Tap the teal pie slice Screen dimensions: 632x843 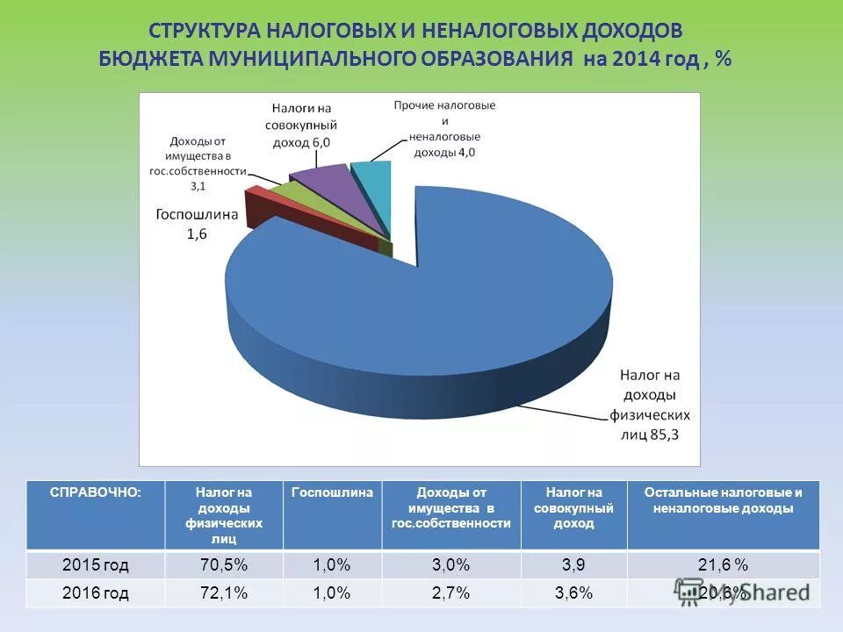pos(373,184)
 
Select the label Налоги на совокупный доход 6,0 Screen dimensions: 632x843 pos(300,126)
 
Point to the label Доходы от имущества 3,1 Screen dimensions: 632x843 pos(198,162)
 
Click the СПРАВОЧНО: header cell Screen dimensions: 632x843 pos(83,492)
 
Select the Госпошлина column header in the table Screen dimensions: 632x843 pos(332,492)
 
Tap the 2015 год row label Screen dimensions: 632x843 pos(96,564)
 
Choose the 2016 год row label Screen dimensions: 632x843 pos(96,593)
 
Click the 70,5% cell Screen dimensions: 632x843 pos(223,564)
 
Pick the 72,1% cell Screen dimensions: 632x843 pos(223,593)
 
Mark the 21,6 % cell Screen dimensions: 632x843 pos(723,564)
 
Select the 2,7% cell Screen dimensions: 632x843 pos(450,593)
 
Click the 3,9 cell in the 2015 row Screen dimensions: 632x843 pos(573,564)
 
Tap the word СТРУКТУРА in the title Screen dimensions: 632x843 pos(205,31)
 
